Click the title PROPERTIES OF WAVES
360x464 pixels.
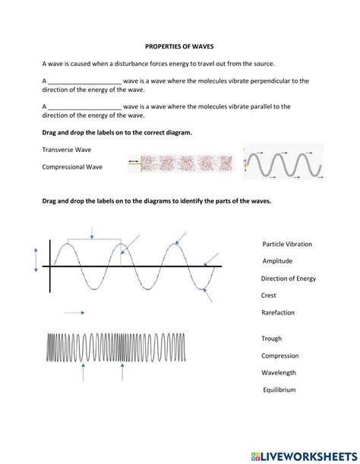180,46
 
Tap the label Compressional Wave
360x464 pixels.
72,166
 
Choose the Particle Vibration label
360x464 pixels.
286,244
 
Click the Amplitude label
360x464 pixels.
277,260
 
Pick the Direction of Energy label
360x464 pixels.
288,278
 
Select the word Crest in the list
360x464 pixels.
268,295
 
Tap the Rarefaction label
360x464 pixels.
277,312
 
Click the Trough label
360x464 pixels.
271,339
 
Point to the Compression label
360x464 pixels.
279,355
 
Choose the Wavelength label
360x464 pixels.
278,372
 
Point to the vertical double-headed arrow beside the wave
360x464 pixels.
35,259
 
